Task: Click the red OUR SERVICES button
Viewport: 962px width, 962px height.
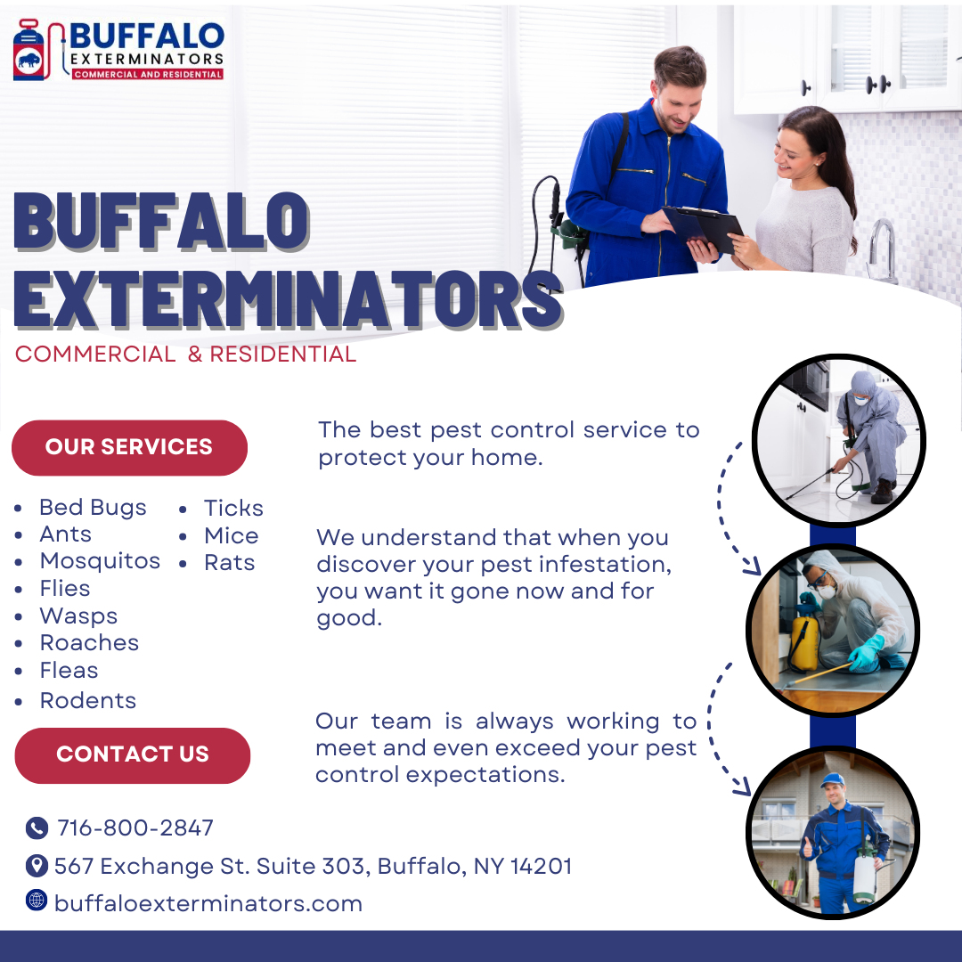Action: (x=129, y=447)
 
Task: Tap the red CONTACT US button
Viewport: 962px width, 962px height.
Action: (x=133, y=754)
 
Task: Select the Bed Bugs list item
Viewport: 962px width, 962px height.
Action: (x=93, y=508)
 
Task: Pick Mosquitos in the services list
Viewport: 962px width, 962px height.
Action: (x=100, y=561)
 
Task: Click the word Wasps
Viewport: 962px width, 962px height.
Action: (x=78, y=616)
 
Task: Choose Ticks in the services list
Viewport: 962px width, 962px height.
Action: (x=233, y=508)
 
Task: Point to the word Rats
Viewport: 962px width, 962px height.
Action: (x=230, y=563)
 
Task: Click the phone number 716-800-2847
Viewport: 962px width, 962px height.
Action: (x=135, y=827)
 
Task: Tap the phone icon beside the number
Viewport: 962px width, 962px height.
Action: (x=37, y=827)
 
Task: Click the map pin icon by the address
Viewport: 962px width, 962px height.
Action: (x=37, y=866)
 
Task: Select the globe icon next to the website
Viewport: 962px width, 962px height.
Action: (x=37, y=900)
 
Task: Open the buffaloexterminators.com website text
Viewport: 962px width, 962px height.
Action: (x=208, y=904)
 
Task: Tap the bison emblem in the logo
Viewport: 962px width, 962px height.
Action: (x=29, y=61)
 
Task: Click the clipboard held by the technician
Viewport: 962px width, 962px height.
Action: (x=703, y=228)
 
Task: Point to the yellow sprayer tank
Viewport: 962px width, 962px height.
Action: (x=803, y=644)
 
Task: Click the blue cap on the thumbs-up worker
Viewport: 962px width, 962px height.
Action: (x=833, y=779)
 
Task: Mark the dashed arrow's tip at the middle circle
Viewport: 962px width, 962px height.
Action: (x=760, y=573)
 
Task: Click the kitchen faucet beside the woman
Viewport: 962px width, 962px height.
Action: (x=881, y=249)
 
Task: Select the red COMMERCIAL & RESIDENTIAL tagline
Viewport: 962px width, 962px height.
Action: (x=185, y=354)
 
